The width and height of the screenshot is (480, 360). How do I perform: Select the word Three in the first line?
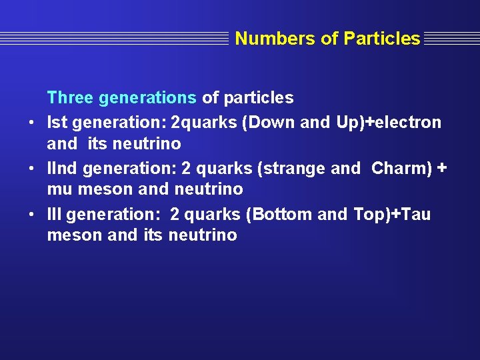[70, 98]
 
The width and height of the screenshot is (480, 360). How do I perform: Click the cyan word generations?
[147, 98]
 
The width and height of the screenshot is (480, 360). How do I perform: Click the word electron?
[408, 123]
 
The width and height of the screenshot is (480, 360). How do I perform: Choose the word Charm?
[397, 168]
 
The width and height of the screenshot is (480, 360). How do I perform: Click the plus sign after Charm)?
[441, 168]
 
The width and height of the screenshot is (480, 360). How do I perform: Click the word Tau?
[416, 214]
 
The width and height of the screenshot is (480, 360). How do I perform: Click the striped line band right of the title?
[450, 39]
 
